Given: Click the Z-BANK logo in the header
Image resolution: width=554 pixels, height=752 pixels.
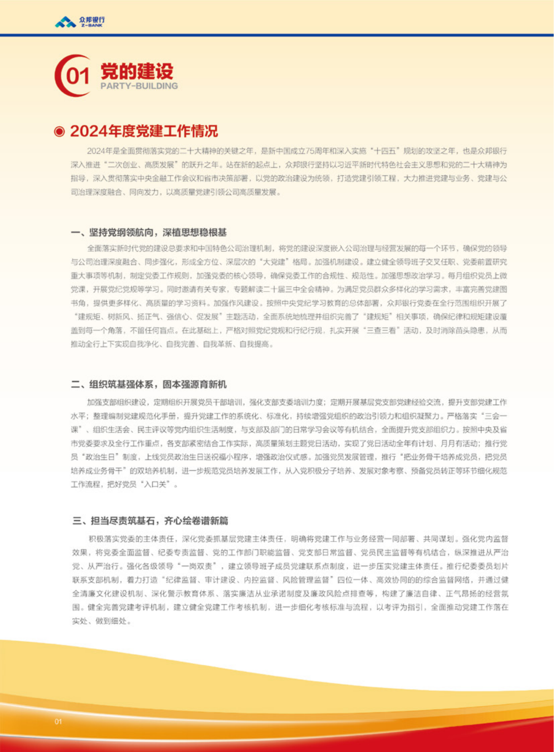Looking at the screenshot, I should pyautogui.click(x=79, y=22).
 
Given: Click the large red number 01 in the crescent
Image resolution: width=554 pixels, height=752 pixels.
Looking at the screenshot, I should pyautogui.click(x=77, y=76).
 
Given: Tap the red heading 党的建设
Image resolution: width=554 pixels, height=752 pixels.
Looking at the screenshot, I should pyautogui.click(x=137, y=71).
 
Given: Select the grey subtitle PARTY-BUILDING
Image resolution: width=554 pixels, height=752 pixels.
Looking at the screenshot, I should pyautogui.click(x=139, y=86).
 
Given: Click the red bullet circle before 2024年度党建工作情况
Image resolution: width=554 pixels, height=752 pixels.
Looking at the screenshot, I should pyautogui.click(x=59, y=132).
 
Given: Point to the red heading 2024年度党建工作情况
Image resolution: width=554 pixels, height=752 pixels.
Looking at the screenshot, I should pyautogui.click(x=144, y=131).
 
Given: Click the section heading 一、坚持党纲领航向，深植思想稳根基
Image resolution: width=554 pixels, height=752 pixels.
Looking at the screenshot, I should pyautogui.click(x=149, y=233).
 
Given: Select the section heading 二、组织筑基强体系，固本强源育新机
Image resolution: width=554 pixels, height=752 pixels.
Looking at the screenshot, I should pyautogui.click(x=149, y=385).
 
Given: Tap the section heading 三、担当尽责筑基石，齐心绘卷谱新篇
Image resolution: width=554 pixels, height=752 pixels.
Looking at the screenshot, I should pyautogui.click(x=150, y=521).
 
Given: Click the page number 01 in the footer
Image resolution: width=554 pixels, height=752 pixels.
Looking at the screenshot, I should pyautogui.click(x=58, y=722).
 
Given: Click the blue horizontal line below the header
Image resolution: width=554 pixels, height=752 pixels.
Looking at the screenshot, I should pyautogui.click(x=277, y=35).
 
